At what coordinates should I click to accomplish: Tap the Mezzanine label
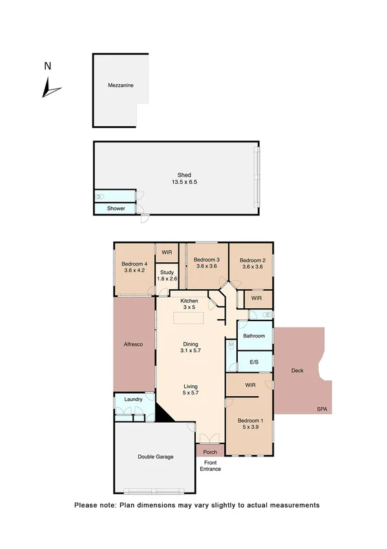click(121, 85)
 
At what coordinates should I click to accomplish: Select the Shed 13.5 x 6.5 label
click(184, 179)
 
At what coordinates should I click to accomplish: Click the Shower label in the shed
click(116, 208)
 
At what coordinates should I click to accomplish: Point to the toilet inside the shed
click(100, 196)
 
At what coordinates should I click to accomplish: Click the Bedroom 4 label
click(135, 267)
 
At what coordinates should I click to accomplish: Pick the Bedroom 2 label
click(253, 262)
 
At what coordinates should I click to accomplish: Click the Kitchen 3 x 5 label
click(189, 304)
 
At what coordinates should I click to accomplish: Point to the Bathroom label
click(254, 336)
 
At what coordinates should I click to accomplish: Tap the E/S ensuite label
click(253, 363)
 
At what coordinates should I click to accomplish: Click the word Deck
click(297, 371)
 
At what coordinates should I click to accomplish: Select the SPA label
click(322, 409)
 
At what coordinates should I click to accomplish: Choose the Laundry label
click(133, 400)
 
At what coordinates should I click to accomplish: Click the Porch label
click(210, 452)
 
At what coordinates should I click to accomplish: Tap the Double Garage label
click(155, 457)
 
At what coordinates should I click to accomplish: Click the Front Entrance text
click(211, 465)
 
